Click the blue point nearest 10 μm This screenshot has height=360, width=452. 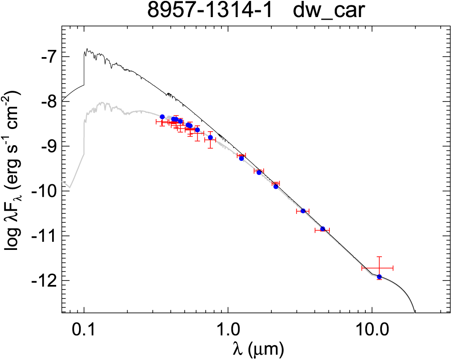(x=379, y=277)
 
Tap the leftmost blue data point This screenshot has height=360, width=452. (x=162, y=117)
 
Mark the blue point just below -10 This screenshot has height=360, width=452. (x=276, y=187)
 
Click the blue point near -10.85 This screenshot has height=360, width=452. (x=323, y=229)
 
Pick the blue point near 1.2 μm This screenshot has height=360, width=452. (x=241, y=158)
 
